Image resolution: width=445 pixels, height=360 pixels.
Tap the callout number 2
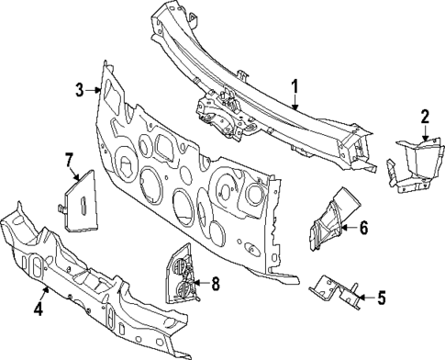click(x=424, y=116)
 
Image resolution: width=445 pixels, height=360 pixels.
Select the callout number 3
click(x=79, y=89)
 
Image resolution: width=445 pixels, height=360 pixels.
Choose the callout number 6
click(x=363, y=227)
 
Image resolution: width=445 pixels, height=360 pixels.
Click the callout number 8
click(x=216, y=284)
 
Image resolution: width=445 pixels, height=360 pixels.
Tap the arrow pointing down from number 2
click(x=424, y=133)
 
